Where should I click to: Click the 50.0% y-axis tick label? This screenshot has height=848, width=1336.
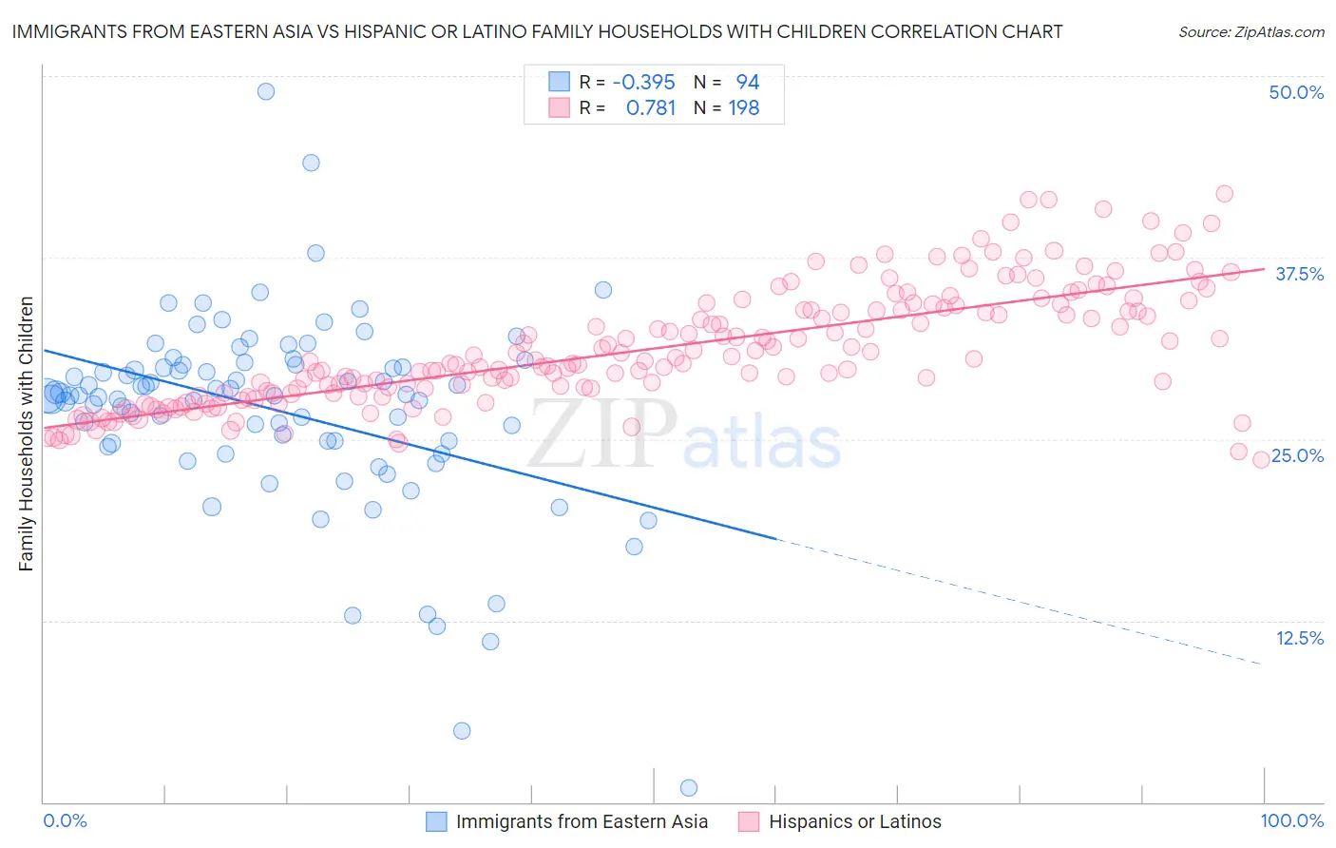[x=1296, y=92]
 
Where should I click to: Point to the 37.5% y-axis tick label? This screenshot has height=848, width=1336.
[x=1299, y=274]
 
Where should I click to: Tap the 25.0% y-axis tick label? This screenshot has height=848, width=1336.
[x=1297, y=455]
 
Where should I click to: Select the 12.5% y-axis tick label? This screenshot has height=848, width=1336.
[x=1299, y=638]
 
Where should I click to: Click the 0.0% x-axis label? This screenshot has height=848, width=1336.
[x=65, y=820]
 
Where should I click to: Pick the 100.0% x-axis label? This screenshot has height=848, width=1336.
[x=1291, y=820]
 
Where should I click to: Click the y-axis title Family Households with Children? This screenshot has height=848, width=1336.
[x=27, y=434]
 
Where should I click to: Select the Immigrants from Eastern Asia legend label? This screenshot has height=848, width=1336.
[x=582, y=821]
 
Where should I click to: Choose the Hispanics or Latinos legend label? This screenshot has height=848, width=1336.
[x=854, y=821]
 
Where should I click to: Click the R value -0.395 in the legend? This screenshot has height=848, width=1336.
[x=643, y=82]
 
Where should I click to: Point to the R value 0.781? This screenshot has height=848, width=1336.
[x=651, y=108]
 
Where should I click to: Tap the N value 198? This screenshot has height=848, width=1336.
[x=743, y=108]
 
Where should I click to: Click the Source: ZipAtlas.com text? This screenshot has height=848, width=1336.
[x=1250, y=31]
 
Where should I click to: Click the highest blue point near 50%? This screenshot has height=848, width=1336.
[x=266, y=91]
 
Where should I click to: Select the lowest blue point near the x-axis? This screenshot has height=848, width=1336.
[x=689, y=787]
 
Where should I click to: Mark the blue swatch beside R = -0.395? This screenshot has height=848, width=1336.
[x=559, y=82]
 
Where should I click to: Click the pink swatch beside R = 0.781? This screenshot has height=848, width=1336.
[x=559, y=108]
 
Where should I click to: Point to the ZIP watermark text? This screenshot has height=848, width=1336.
[x=602, y=434]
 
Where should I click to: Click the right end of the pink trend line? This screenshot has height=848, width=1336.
[x=1263, y=269]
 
